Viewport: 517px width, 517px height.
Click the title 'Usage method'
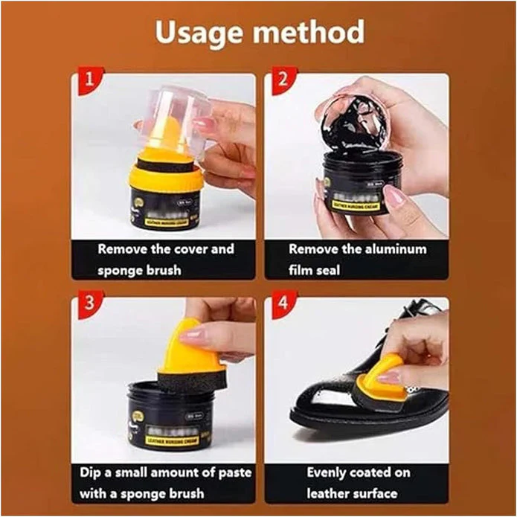click(x=258, y=32)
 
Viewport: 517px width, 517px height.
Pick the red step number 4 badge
click(x=281, y=304)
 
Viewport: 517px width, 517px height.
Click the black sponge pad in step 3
click(x=192, y=381)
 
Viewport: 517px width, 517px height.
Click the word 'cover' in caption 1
click(x=191, y=249)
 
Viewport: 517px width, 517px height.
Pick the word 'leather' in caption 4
click(x=333, y=493)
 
